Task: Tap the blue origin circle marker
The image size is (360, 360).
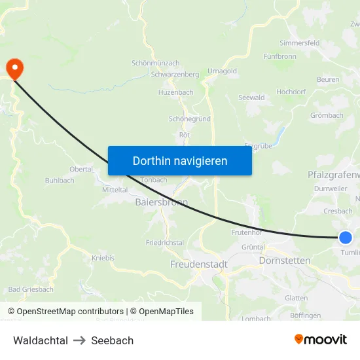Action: [346, 238]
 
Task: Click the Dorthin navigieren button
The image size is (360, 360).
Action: [180, 160]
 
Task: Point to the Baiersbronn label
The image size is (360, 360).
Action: [162, 202]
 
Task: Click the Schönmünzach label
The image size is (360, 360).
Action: [155, 63]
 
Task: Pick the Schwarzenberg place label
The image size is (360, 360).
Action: [175, 75]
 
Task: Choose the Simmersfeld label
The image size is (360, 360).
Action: [299, 43]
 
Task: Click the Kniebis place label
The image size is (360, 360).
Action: [103, 258]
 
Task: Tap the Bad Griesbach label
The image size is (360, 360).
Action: [31, 289]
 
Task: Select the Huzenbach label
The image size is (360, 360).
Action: [175, 92]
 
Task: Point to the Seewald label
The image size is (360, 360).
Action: [251, 98]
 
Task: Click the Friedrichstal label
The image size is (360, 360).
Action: [165, 242]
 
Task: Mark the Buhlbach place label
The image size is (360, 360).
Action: [60, 180]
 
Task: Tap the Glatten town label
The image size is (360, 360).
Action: [297, 298]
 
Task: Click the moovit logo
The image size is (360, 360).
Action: [321, 340]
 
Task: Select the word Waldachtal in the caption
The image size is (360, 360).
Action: [41, 340]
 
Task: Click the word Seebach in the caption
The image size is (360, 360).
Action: [112, 340]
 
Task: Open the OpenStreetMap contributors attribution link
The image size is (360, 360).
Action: [70, 312]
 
